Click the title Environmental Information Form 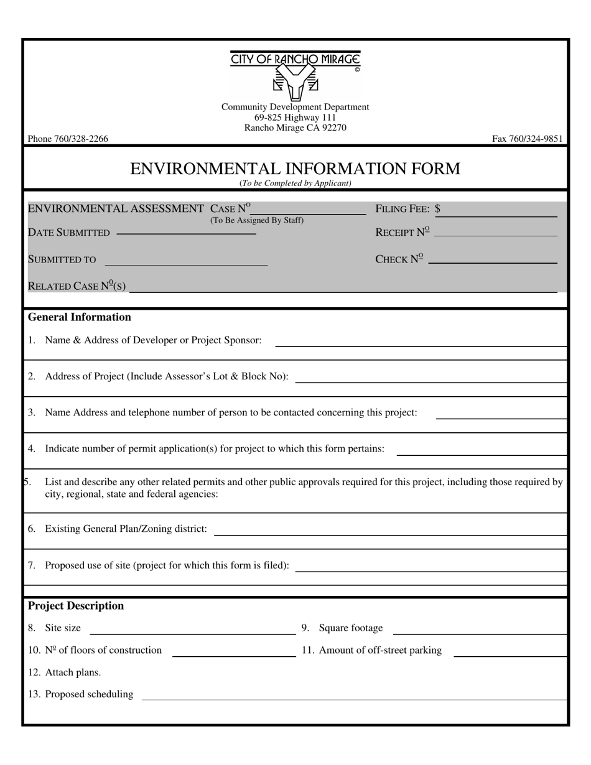coord(295,169)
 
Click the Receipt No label coord(403,232)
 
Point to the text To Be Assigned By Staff coord(256,220)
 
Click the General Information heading coord(80,317)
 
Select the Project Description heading coord(76,606)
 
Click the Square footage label coord(351,628)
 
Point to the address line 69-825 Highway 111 coord(295,118)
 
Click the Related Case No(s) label coord(77,286)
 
